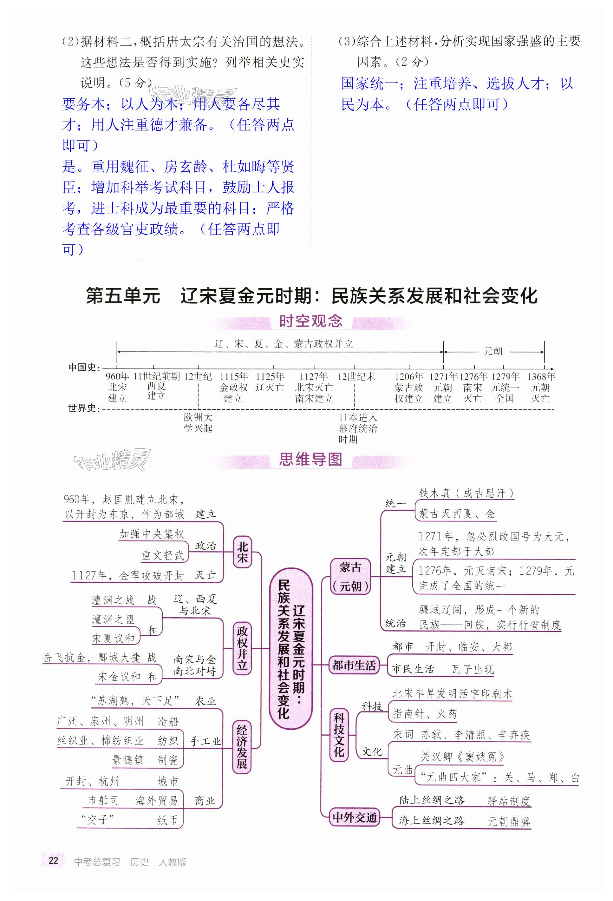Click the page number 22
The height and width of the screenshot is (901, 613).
[x=53, y=860]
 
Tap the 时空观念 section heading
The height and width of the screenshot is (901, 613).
[x=310, y=321]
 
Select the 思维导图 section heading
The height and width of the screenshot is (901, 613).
[x=310, y=460]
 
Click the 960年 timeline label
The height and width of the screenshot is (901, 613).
[x=117, y=376]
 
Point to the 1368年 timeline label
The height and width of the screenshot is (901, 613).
[x=541, y=376]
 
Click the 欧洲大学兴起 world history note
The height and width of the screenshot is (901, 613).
[x=198, y=423]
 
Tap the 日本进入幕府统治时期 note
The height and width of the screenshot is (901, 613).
[x=357, y=428]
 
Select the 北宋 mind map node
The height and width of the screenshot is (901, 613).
[x=242, y=552]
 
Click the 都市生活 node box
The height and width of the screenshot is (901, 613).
[x=354, y=666]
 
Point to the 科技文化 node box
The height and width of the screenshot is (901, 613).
[x=339, y=735]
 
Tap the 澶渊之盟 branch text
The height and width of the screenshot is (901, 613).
[x=113, y=619]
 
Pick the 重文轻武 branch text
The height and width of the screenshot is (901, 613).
[x=163, y=555]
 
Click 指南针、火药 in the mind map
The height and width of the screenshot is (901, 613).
[x=425, y=714]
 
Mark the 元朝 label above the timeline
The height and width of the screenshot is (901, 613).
[x=493, y=351]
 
